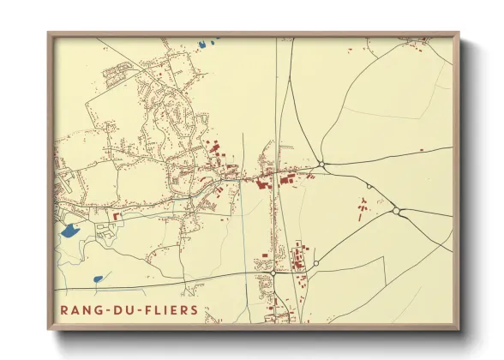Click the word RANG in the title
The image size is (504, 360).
(x=80, y=309)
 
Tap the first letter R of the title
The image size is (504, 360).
(x=63, y=309)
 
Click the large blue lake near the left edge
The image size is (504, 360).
(x=69, y=230)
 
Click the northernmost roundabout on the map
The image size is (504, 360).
(x=321, y=163)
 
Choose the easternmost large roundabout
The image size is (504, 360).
(x=397, y=211)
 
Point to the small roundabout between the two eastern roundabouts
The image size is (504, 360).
(x=369, y=186)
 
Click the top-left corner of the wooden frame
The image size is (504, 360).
(x=48, y=33)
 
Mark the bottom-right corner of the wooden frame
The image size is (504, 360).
(x=459, y=330)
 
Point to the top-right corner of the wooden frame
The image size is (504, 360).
(x=459, y=33)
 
